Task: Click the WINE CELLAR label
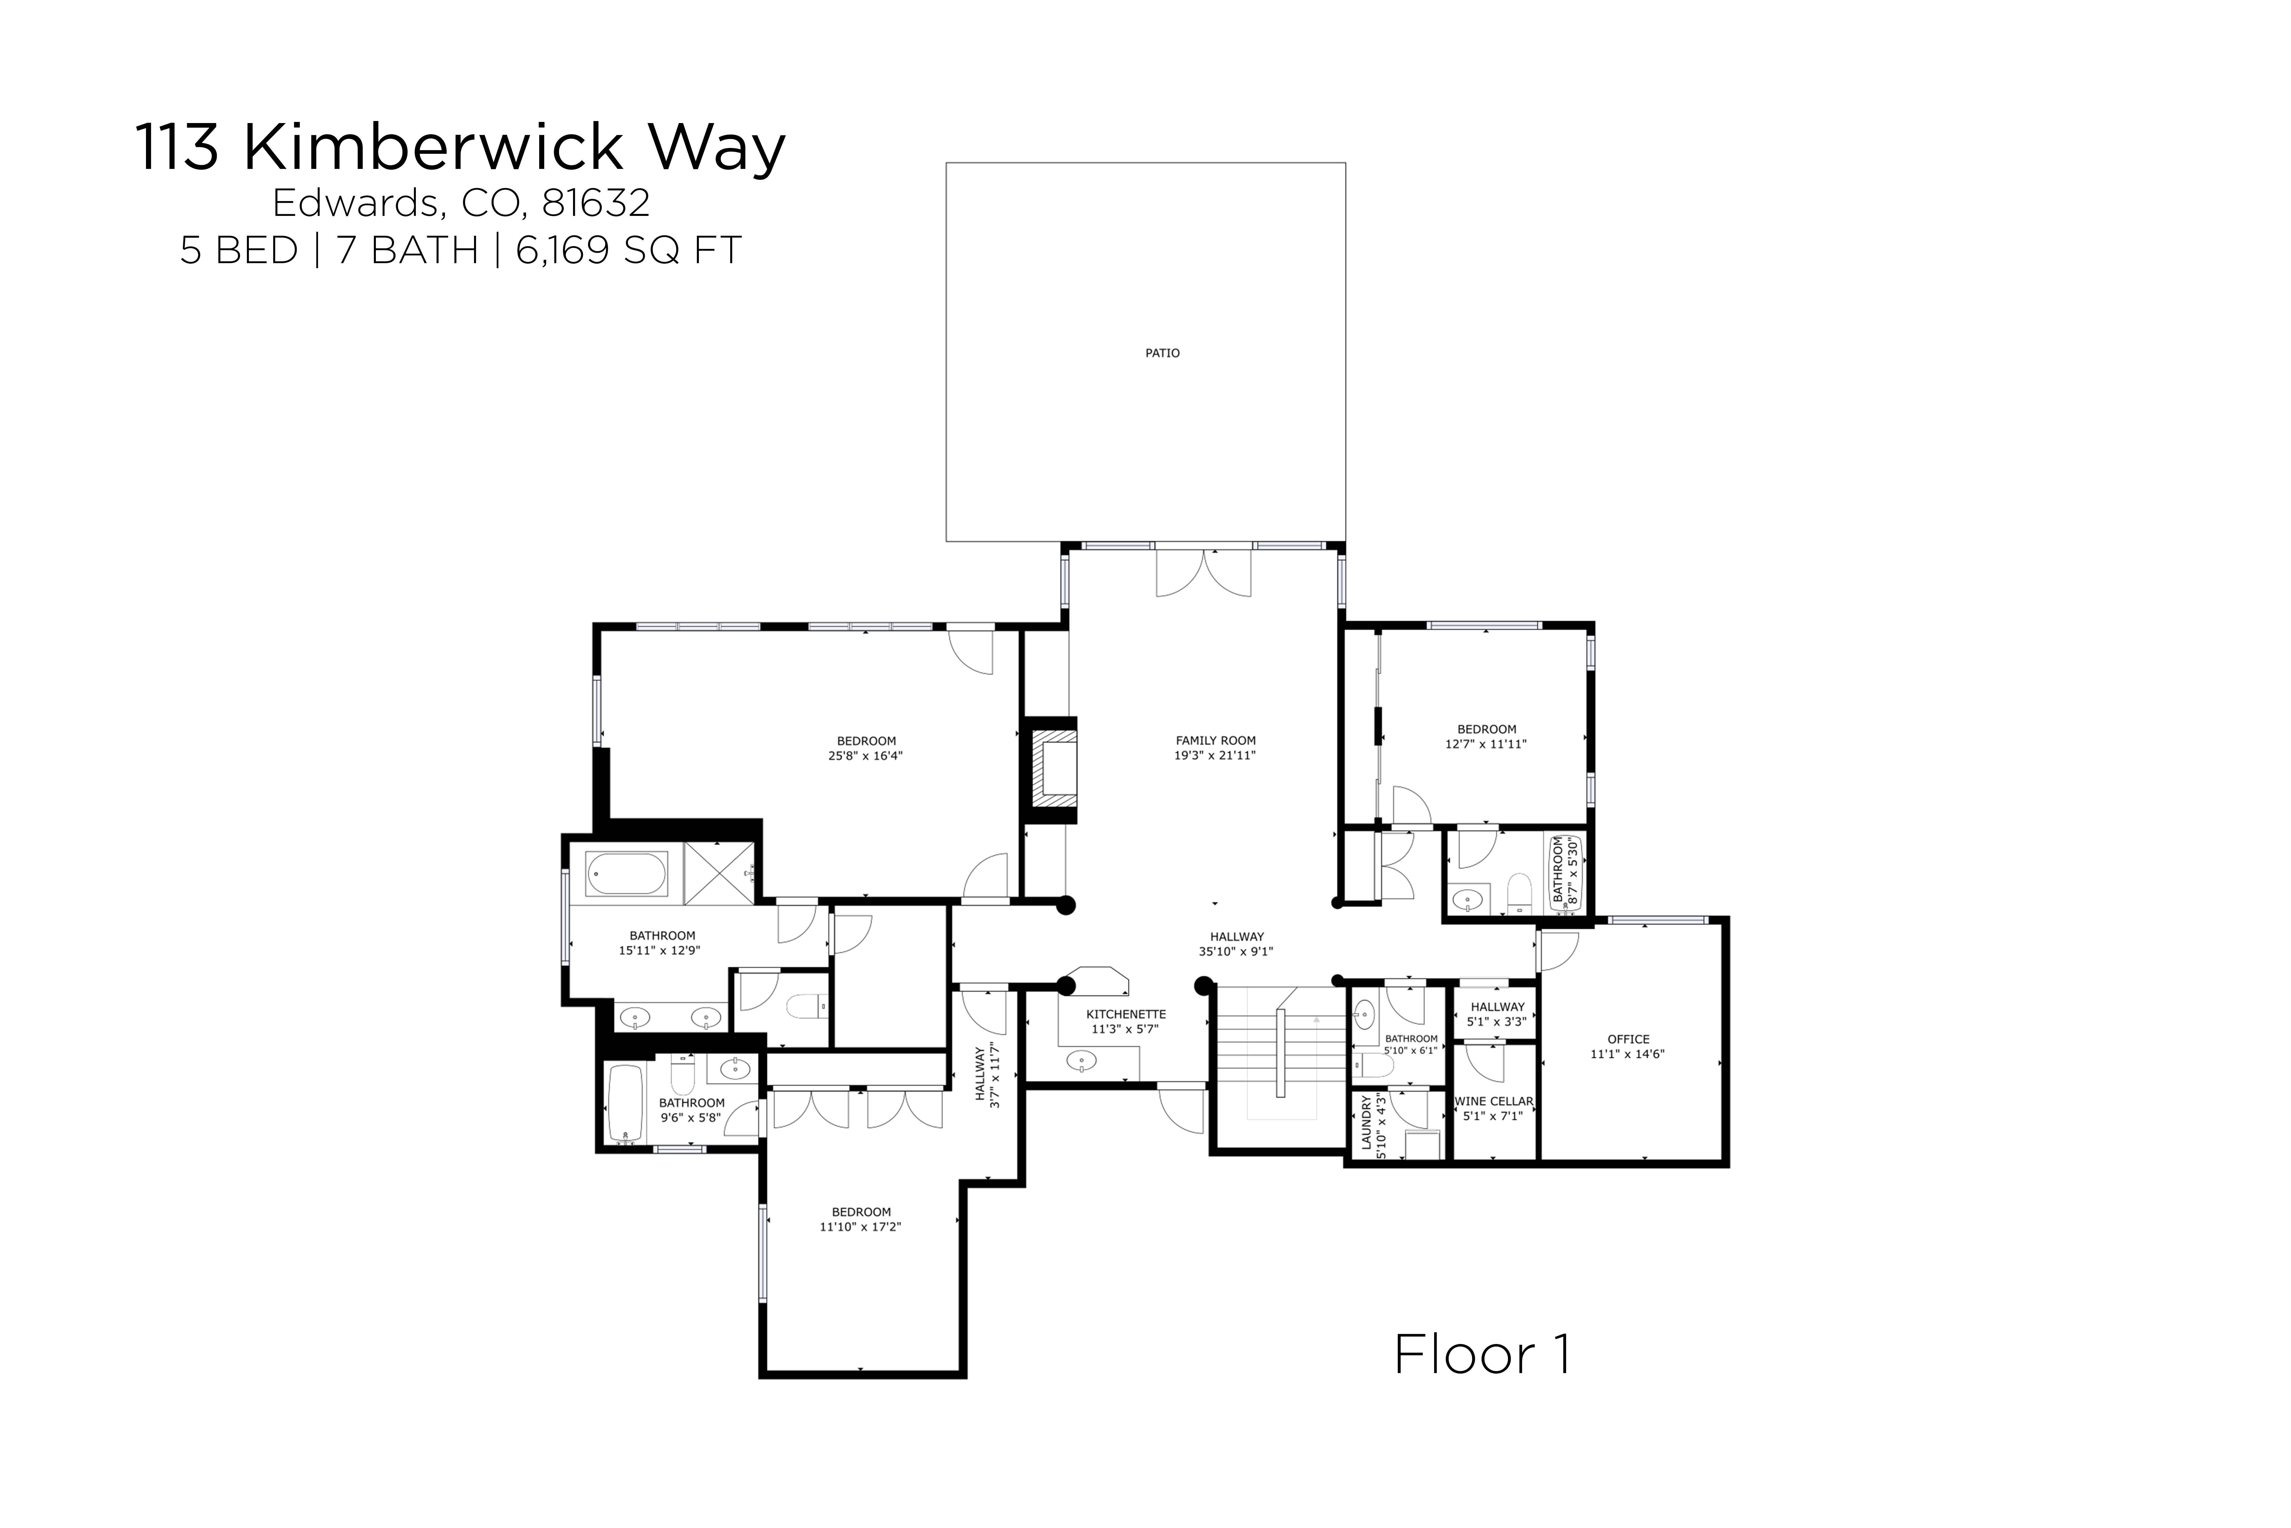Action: (x=1494, y=1101)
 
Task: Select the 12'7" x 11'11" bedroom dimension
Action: (x=1485, y=744)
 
